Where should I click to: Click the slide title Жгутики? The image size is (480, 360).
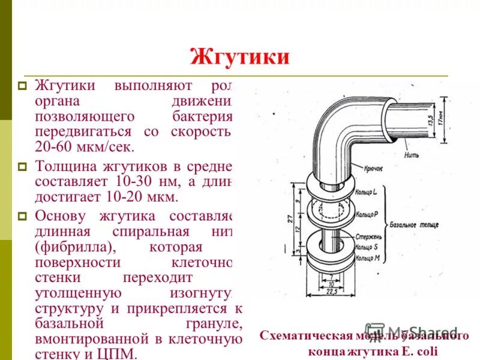point(239,57)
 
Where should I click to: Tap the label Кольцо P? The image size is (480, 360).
point(365,214)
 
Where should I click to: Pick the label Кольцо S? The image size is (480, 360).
point(365,247)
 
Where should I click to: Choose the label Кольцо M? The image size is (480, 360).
point(365,258)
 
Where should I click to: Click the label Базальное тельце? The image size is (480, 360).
point(421,225)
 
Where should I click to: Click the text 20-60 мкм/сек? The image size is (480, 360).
point(85,146)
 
